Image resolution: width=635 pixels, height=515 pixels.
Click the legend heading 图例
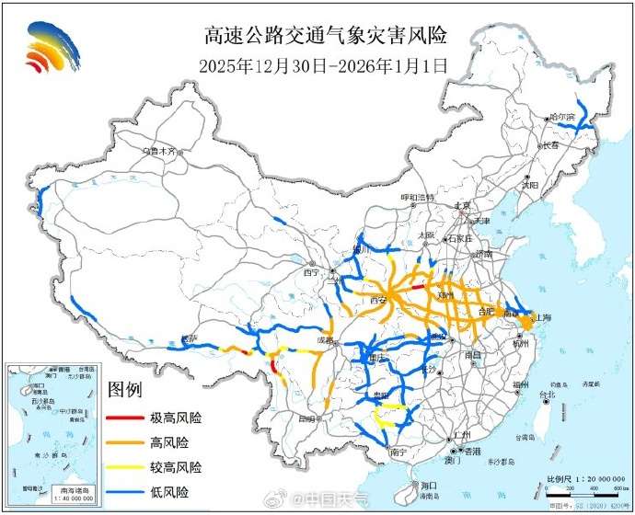pyautogui.click(x=125, y=390)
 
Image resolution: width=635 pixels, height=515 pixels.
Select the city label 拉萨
pyautogui.click(x=190, y=338)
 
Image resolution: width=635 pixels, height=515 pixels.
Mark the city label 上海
pyautogui.click(x=541, y=317)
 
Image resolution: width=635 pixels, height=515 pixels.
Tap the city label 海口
pyautogui.click(x=427, y=485)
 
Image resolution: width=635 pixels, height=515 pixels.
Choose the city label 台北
pyautogui.click(x=547, y=395)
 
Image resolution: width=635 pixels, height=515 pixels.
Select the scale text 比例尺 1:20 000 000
pyautogui.click(x=578, y=479)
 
